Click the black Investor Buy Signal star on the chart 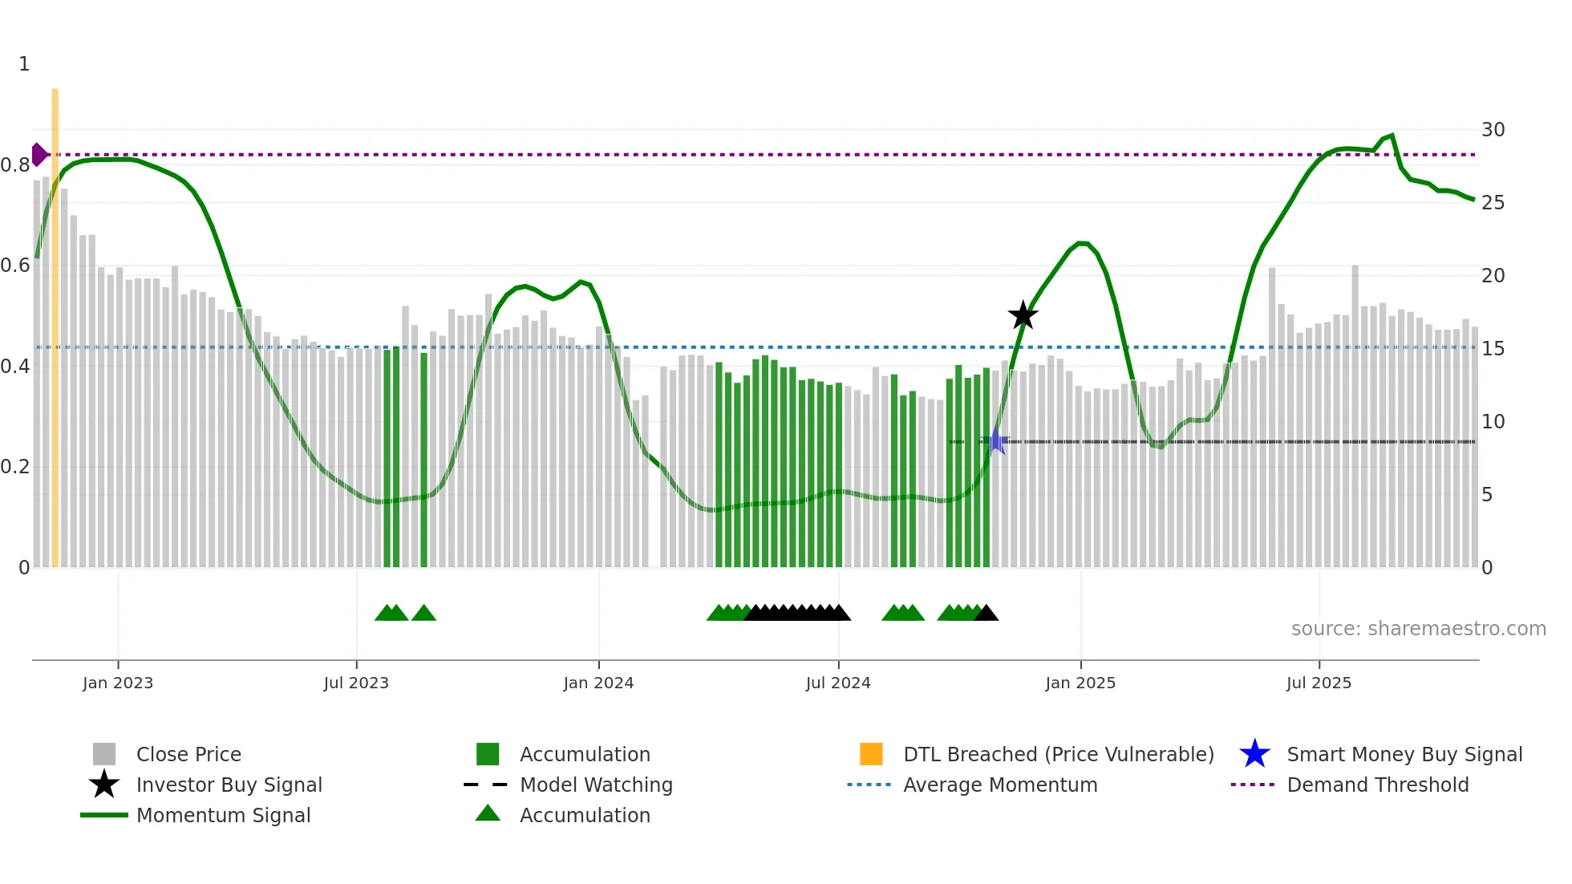(x=1023, y=316)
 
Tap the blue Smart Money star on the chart (x=996, y=440)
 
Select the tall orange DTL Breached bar (x=55, y=321)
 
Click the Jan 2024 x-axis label (x=598, y=683)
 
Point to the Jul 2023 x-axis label (x=356, y=683)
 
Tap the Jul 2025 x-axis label (x=1319, y=683)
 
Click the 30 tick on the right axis (x=1493, y=130)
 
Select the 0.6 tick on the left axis (x=15, y=266)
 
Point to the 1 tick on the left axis (x=24, y=64)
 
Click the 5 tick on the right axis (x=1487, y=495)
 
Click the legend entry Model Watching (x=595, y=785)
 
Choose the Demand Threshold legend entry (x=1377, y=785)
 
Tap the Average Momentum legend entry (x=999, y=785)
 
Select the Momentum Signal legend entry (x=223, y=815)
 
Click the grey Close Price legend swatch (x=104, y=754)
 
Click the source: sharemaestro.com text (x=1418, y=629)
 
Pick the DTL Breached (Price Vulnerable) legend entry (x=1058, y=754)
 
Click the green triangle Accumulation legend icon (x=488, y=813)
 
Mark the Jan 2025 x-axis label (x=1080, y=683)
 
